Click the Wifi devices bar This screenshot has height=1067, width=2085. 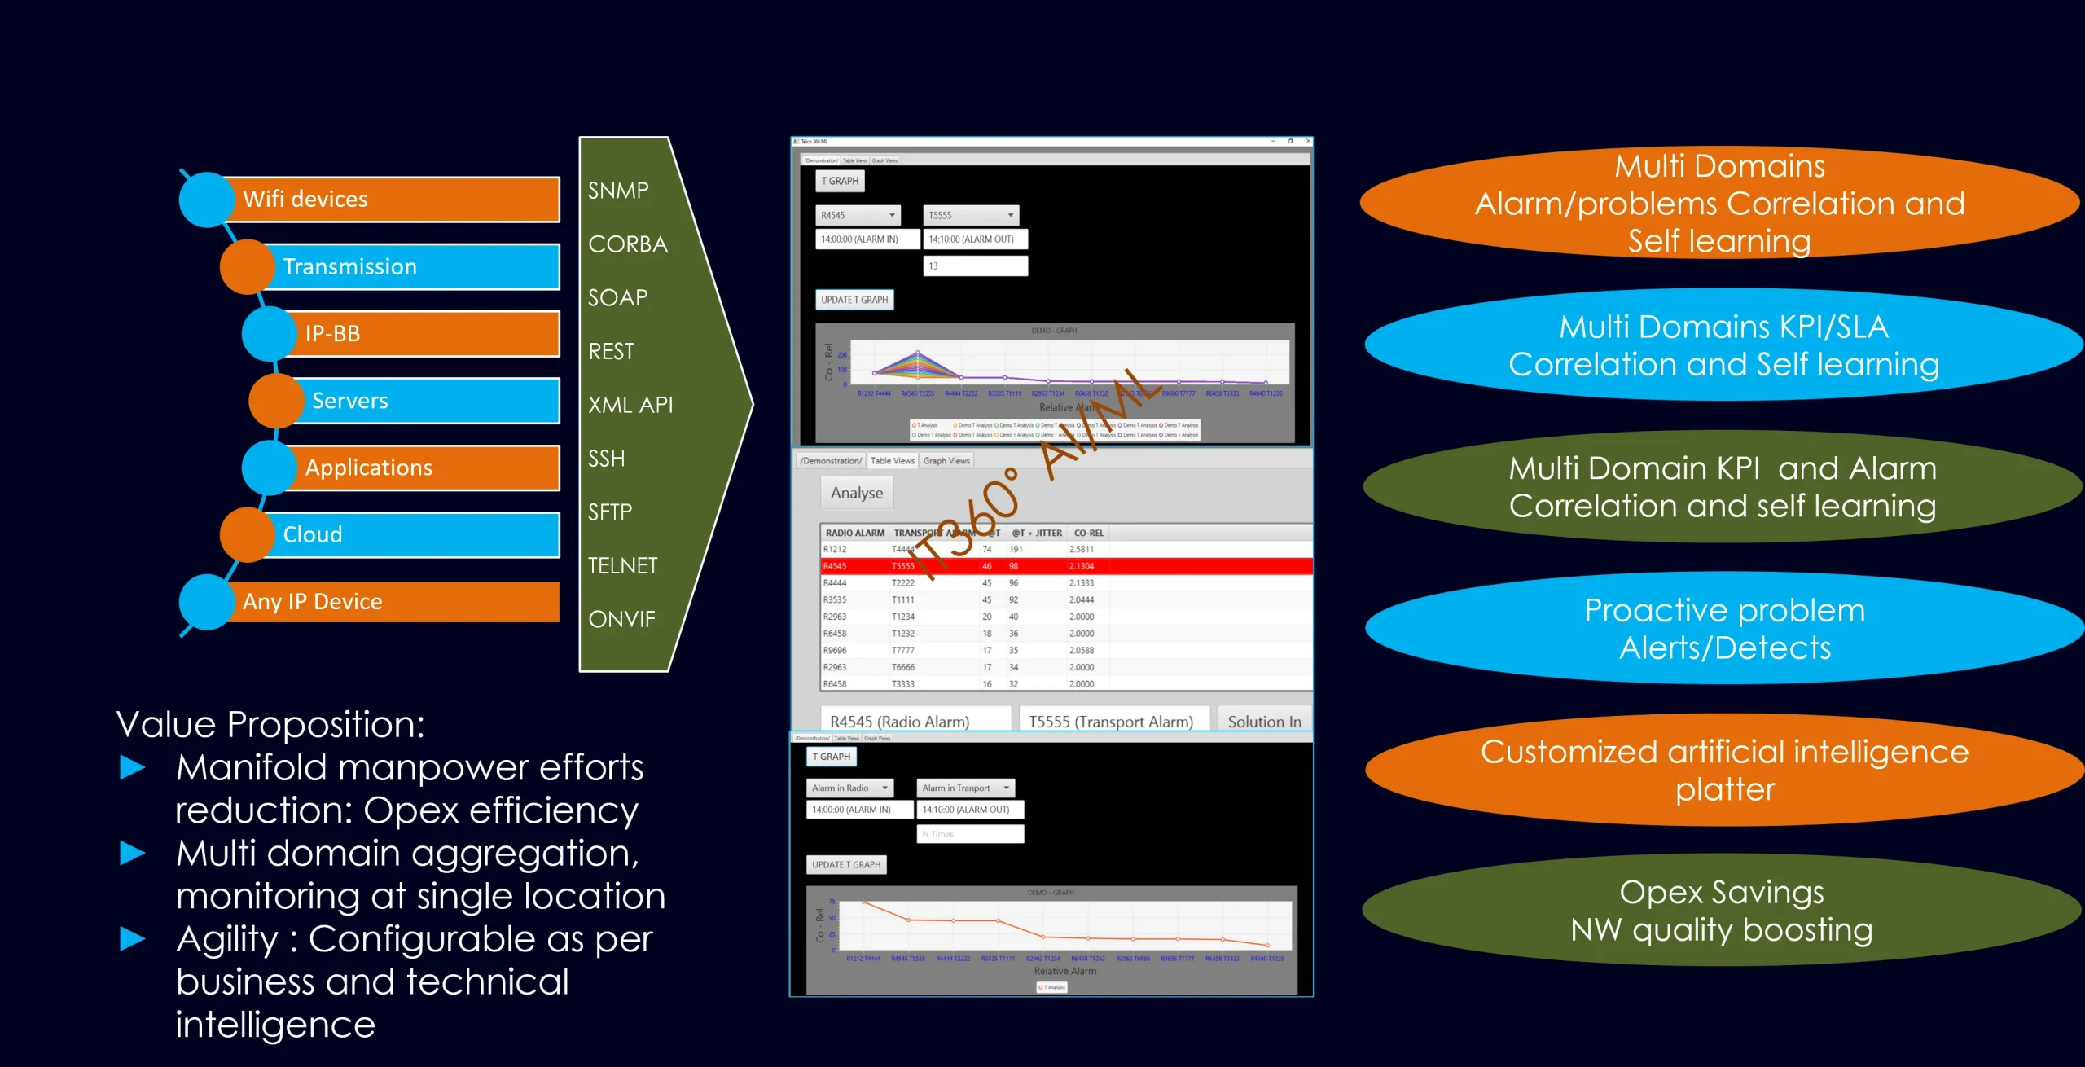tap(391, 200)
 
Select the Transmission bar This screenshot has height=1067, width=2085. tap(411, 267)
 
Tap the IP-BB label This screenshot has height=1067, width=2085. tap(332, 334)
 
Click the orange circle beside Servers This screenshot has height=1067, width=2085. tap(276, 401)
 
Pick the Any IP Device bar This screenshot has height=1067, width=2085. tap(391, 602)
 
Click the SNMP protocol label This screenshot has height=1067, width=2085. tap(618, 191)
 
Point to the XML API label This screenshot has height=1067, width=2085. tap(630, 405)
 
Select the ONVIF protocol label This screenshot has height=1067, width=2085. tap(621, 619)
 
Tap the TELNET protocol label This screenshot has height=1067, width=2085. tap(622, 565)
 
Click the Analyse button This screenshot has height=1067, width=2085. tap(856, 493)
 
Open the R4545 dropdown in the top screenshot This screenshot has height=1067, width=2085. tap(858, 216)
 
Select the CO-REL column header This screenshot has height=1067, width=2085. tap(1088, 533)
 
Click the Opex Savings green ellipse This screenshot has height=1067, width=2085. tap(1721, 911)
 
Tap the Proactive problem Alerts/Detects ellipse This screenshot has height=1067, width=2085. tap(1723, 629)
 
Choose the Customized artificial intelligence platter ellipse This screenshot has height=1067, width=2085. tap(1723, 770)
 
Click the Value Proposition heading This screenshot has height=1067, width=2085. tap(270, 724)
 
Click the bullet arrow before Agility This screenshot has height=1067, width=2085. tap(133, 939)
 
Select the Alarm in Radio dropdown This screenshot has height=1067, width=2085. tap(849, 788)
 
